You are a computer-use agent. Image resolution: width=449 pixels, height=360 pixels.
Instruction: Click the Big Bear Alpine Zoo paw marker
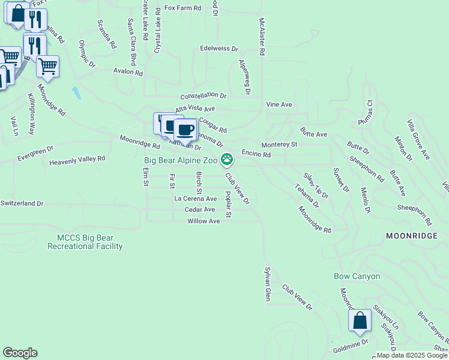click(227, 160)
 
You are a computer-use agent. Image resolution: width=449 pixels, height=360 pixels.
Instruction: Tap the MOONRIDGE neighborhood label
click(412, 236)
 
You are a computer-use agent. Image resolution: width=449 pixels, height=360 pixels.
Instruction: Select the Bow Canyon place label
click(357, 276)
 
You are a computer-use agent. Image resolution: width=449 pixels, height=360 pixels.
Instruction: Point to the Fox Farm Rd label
click(182, 10)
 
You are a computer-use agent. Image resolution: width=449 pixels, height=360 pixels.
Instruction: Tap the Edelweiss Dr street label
click(219, 49)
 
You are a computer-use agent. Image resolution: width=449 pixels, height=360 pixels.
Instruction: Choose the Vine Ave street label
click(279, 104)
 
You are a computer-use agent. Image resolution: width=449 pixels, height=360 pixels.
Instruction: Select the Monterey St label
click(279, 145)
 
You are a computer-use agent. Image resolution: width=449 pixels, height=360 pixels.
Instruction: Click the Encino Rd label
click(256, 154)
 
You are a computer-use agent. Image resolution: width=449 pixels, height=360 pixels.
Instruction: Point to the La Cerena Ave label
click(195, 198)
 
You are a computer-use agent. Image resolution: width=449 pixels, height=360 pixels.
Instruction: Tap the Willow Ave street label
click(203, 221)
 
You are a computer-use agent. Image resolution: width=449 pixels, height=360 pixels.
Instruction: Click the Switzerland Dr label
click(22, 203)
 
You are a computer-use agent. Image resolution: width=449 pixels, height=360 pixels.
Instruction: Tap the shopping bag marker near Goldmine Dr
click(360, 320)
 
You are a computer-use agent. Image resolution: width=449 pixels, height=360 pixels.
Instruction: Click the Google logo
click(20, 353)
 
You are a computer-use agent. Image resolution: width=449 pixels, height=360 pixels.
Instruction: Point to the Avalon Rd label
click(128, 72)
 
